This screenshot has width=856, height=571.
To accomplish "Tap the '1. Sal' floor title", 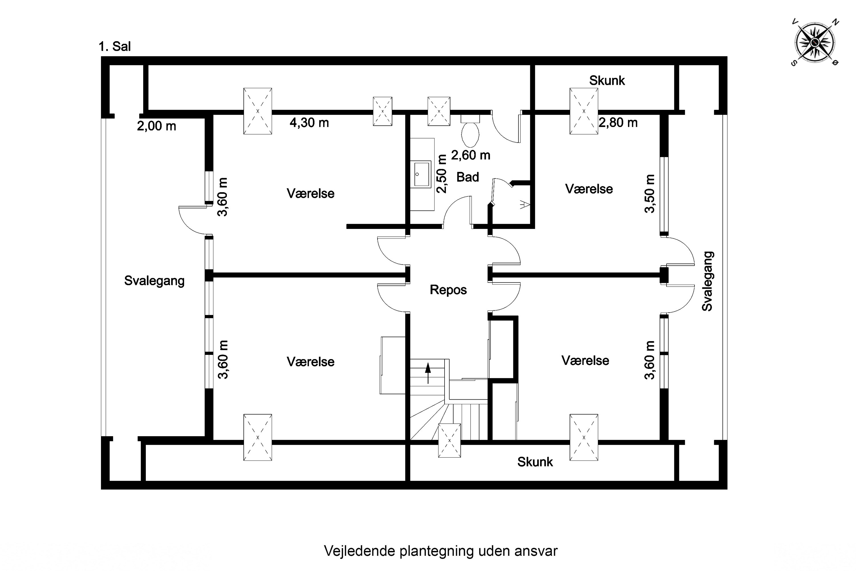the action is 115,47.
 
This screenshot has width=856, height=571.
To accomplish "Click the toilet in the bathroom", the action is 470,131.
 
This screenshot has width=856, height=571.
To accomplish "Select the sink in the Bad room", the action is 422,174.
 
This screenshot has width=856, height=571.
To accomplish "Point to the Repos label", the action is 448,290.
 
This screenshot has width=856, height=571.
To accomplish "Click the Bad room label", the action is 468,177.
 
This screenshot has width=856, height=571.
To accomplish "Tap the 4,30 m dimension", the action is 309,123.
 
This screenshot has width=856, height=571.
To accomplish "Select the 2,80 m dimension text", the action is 618,123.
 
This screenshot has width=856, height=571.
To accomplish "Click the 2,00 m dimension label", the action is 156,126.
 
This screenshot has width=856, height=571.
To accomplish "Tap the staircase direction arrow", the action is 428,373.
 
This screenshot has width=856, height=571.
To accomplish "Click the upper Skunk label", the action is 607,81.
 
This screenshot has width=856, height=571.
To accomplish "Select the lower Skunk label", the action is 535,462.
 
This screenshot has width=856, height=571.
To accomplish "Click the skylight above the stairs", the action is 449,441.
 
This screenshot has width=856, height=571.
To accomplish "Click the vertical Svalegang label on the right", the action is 708,281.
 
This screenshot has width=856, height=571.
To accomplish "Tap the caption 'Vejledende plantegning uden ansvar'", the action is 441,551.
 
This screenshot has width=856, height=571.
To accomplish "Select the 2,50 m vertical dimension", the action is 442,174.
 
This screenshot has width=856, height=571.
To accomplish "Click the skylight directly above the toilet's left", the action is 439,111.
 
